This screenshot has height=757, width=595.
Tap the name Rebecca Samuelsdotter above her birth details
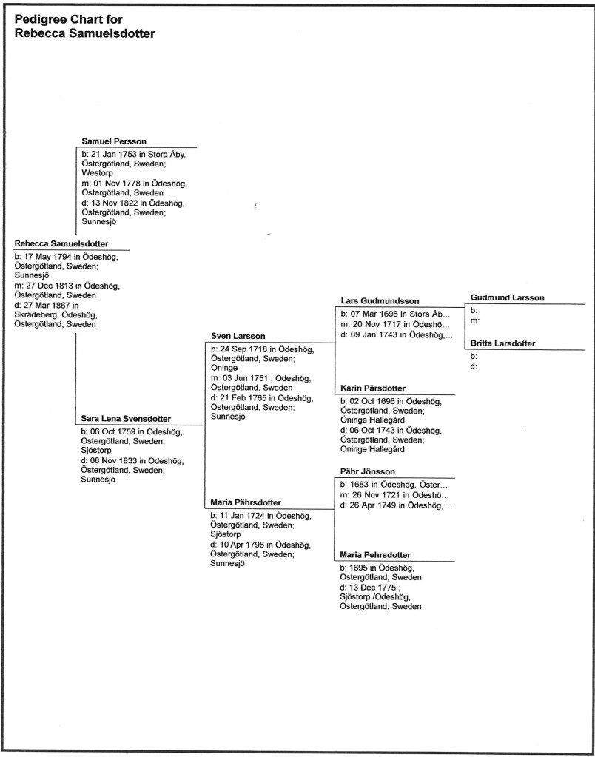[61, 243]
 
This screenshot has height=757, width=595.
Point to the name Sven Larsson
[238, 336]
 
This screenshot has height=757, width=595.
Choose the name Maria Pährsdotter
[246, 503]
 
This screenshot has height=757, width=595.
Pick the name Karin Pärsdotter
[373, 388]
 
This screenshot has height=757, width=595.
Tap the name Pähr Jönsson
[368, 471]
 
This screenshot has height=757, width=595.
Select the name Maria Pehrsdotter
[375, 555]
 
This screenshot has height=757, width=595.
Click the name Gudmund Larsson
[507, 297]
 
